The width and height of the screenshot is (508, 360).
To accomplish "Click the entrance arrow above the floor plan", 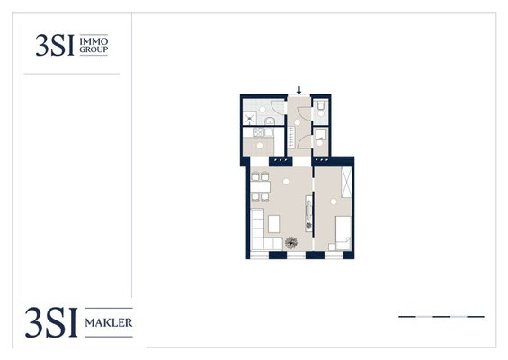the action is [x=299, y=91].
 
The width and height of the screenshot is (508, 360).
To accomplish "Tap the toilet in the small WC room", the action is [x=321, y=109].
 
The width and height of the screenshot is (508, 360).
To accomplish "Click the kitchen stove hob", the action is [x=259, y=132].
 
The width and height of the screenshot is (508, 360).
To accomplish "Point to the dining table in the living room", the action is [x=260, y=186].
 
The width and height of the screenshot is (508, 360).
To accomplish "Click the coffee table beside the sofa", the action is [x=273, y=224].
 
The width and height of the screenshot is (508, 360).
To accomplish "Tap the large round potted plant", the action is [x=291, y=243].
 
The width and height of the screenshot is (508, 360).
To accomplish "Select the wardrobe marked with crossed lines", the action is [x=346, y=182].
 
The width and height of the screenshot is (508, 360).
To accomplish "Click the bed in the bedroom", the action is [x=341, y=233].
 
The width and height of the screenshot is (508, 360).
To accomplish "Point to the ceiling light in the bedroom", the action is [x=334, y=202].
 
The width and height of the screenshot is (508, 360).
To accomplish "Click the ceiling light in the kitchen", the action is [x=260, y=146].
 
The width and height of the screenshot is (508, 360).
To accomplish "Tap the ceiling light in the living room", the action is [x=286, y=182].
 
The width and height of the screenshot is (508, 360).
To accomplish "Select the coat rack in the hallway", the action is [x=291, y=137].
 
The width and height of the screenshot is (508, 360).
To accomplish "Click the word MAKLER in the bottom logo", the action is [x=109, y=323].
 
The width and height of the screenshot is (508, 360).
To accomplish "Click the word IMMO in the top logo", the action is [x=94, y=41].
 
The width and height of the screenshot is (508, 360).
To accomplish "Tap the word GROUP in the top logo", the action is [x=94, y=49].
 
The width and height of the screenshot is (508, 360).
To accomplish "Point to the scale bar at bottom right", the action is [x=441, y=316].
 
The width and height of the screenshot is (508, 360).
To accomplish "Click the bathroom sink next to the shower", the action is [x=270, y=121].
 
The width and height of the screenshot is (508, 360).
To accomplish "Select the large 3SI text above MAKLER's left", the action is [x=51, y=322].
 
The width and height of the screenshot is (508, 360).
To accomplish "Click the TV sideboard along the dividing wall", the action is [x=309, y=213].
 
